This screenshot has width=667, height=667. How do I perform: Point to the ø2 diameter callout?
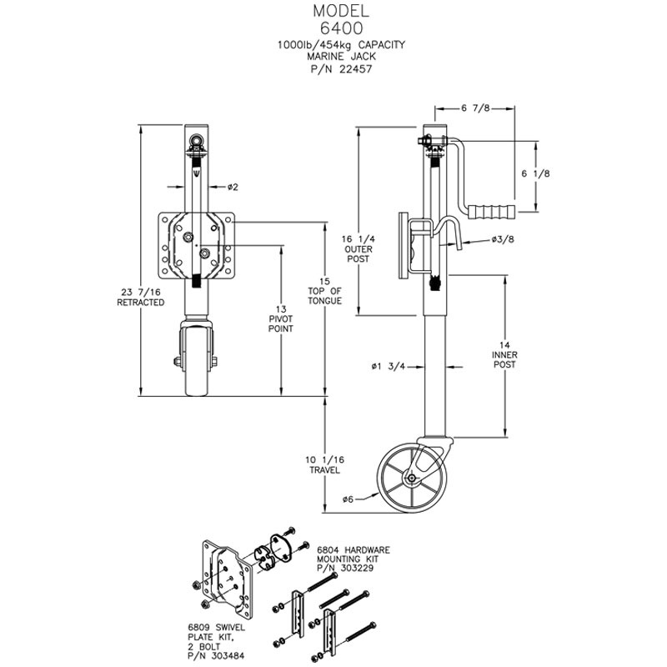[x=233, y=186]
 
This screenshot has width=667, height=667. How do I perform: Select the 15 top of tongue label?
[x=323, y=290]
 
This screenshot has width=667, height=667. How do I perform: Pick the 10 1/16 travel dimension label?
[x=322, y=464]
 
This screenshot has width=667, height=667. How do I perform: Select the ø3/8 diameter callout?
[x=502, y=241]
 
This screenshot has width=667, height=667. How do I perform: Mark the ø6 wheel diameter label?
[x=350, y=499]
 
